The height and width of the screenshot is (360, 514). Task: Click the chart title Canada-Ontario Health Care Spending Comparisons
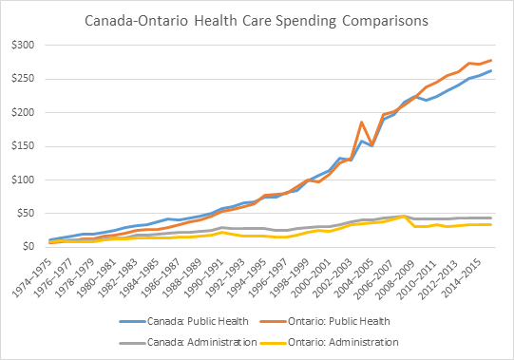click(x=257, y=18)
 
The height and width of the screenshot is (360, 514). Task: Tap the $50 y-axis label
click(x=23, y=213)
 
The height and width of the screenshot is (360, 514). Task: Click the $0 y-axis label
click(x=26, y=246)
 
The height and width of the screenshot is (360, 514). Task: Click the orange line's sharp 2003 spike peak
click(x=362, y=123)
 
